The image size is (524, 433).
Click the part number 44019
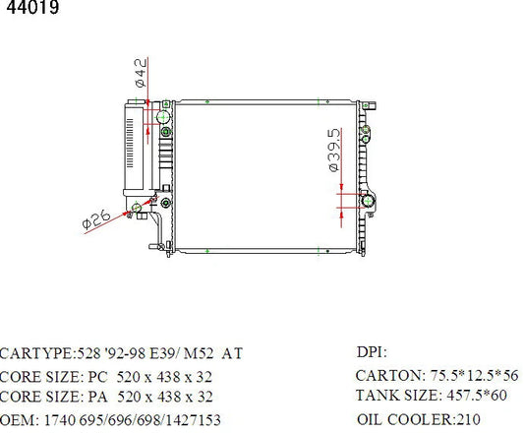click(x=32, y=7)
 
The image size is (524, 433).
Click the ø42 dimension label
click(x=141, y=73)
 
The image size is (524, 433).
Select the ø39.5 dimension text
click(x=334, y=151)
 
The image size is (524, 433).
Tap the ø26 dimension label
click(x=96, y=218)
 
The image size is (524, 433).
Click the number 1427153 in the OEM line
click(x=193, y=420)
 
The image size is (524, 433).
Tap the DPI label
click(x=372, y=352)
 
